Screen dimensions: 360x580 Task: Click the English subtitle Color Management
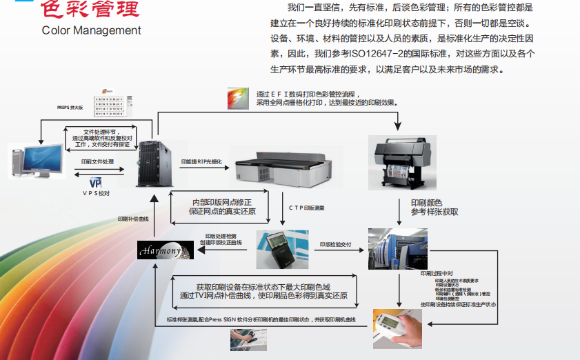(x=92, y=30)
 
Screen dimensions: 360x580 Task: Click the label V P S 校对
(x=96, y=194)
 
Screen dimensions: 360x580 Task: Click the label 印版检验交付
(x=336, y=244)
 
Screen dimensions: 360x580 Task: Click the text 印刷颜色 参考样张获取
(x=434, y=208)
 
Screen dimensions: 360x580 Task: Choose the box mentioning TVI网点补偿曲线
(x=263, y=290)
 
